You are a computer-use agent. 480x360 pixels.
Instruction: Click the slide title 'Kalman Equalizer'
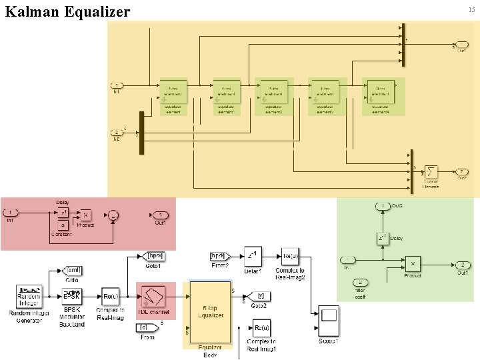[67, 11]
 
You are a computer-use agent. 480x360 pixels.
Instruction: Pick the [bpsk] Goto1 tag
[154, 256]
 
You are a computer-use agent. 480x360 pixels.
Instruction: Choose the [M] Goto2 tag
[260, 295]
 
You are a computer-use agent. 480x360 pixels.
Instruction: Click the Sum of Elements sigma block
[430, 173]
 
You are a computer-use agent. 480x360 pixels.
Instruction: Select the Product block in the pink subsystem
[85, 215]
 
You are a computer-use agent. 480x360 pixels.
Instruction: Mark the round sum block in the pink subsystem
[114, 215]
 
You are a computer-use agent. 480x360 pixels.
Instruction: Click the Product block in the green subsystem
[413, 264]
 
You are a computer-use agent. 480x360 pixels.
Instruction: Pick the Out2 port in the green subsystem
[382, 206]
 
